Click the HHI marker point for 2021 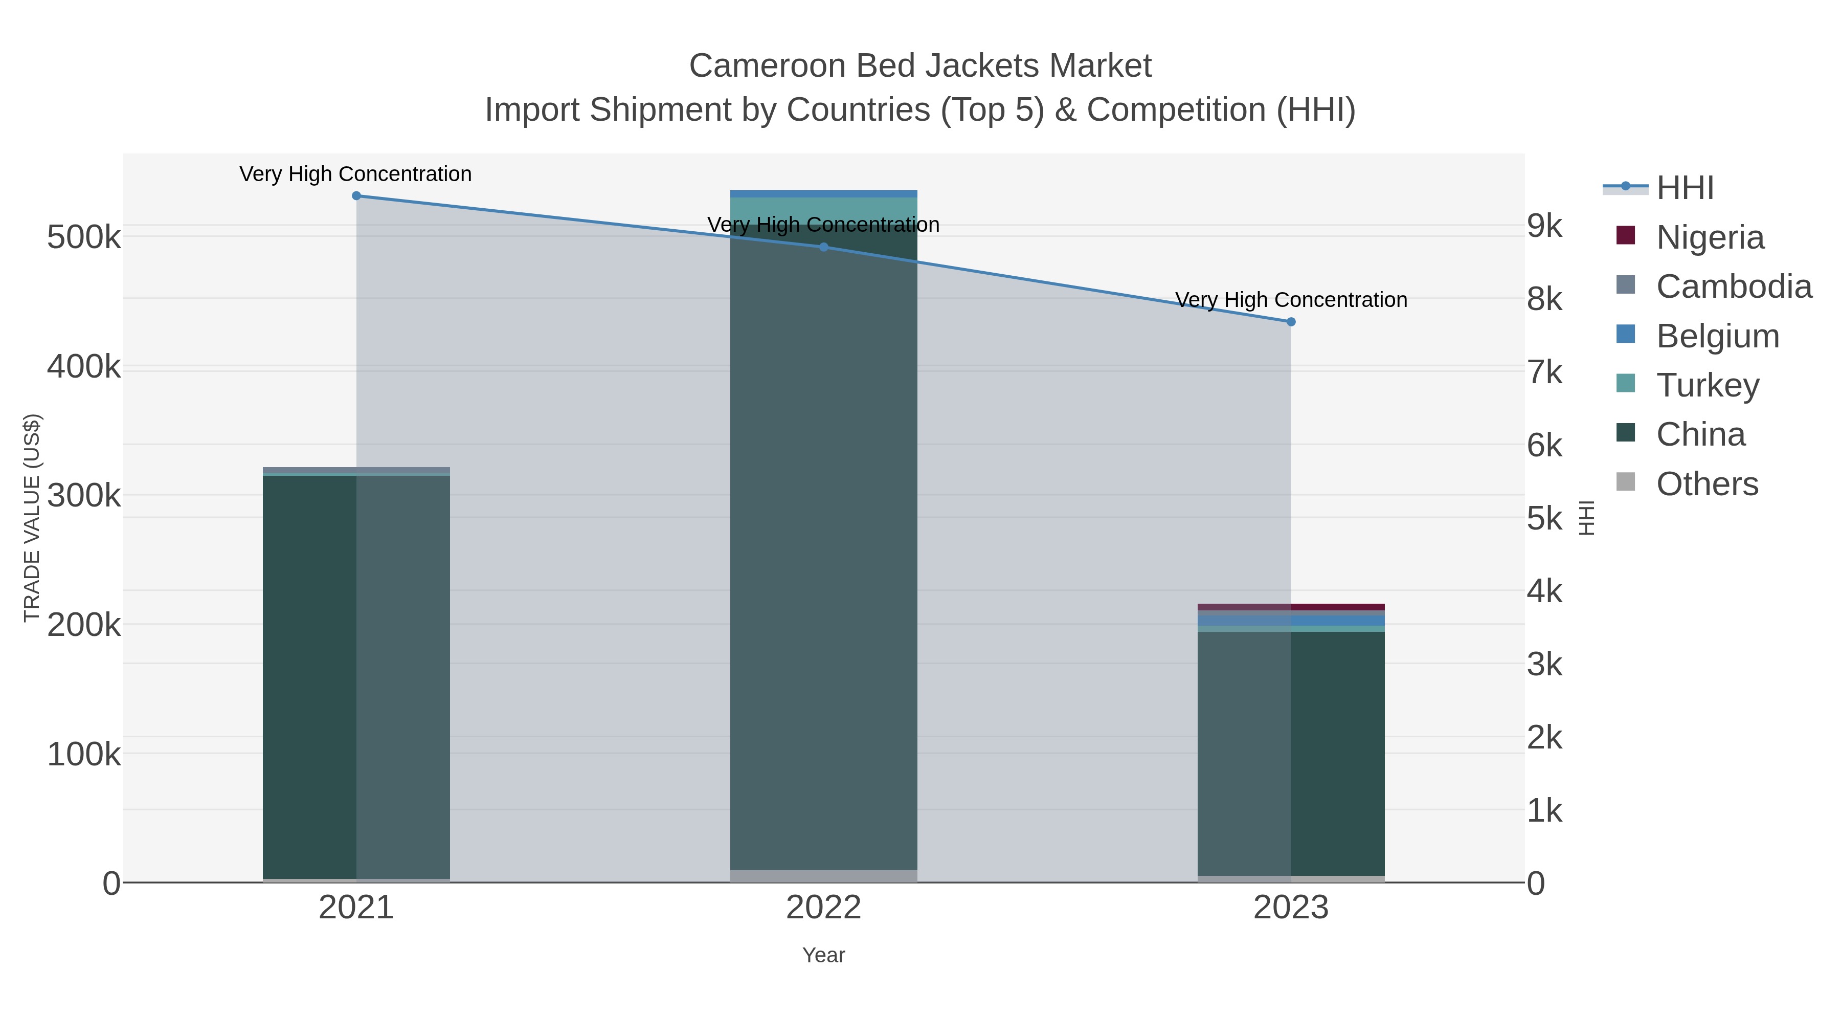tap(356, 196)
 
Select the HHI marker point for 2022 tap(823, 248)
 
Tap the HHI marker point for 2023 tap(1291, 322)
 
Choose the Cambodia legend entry tap(1733, 286)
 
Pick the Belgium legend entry tap(1717, 336)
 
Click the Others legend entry tap(1707, 484)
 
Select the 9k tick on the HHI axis tap(1545, 226)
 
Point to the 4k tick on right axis tap(1545, 591)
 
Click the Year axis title tap(823, 955)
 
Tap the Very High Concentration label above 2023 tap(1291, 300)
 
